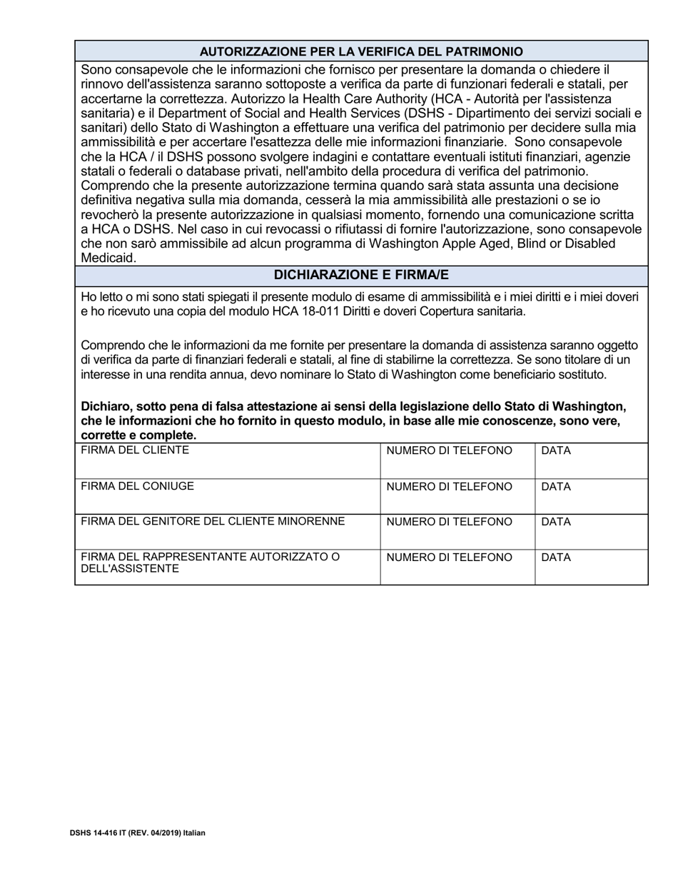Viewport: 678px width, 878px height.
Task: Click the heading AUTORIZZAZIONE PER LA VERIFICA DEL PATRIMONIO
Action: pyautogui.click(x=361, y=51)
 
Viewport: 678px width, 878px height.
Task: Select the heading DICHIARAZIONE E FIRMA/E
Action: pyautogui.click(x=361, y=276)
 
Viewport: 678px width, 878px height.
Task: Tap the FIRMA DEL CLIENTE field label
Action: pyautogui.click(x=135, y=450)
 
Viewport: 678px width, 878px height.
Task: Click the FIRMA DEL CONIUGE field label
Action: pyautogui.click(x=137, y=486)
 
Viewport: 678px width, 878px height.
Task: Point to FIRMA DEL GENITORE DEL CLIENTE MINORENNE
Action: pyautogui.click(x=213, y=522)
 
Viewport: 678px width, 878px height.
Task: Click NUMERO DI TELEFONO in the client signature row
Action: pyautogui.click(x=449, y=451)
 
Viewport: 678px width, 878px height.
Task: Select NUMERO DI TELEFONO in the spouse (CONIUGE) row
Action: pyautogui.click(x=449, y=487)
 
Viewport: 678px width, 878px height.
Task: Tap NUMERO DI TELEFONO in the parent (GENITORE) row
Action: pyautogui.click(x=449, y=522)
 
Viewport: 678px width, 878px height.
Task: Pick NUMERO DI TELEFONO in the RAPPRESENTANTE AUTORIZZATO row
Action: pyautogui.click(x=449, y=557)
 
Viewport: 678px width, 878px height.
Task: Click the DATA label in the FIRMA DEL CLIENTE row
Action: pyautogui.click(x=556, y=451)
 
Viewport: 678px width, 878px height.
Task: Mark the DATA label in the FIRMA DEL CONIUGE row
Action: pyautogui.click(x=556, y=487)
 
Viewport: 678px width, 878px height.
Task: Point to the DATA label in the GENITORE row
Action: pyautogui.click(x=556, y=522)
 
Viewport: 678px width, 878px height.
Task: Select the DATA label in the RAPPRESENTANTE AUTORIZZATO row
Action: pyautogui.click(x=556, y=557)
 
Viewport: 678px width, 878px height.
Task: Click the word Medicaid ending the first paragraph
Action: pyautogui.click(x=108, y=258)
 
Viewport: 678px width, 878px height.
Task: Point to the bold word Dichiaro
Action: pyautogui.click(x=105, y=406)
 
